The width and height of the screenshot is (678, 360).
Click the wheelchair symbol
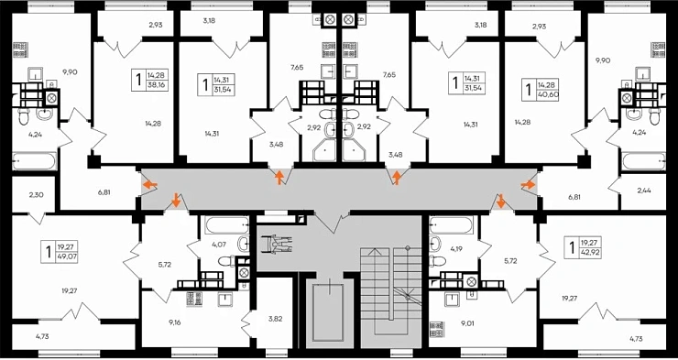(277, 244)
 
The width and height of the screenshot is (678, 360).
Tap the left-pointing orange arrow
(150, 185)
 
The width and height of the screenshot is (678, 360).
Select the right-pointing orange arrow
(528, 185)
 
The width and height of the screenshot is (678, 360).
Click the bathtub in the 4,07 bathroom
(226, 225)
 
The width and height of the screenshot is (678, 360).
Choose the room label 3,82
(274, 319)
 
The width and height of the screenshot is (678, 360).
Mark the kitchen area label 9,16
(175, 322)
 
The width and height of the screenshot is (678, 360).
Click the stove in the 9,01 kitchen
(436, 329)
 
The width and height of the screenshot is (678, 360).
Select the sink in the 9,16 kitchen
(225, 299)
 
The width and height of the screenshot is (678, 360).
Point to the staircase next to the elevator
(390, 297)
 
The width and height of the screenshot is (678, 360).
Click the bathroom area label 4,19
(456, 248)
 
